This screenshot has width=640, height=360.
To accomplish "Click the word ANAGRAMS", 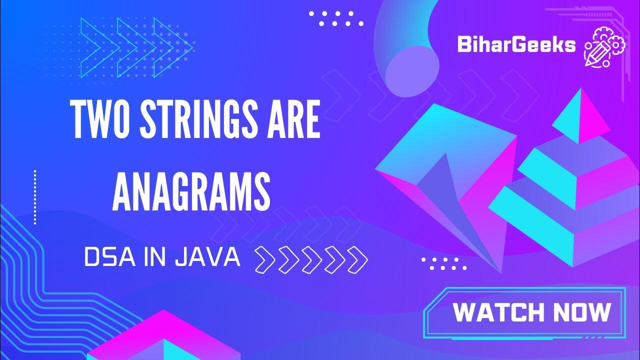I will [191, 190].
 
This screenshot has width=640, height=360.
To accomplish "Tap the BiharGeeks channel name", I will [516, 45].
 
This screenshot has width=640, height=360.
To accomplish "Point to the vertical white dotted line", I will [35, 197].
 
